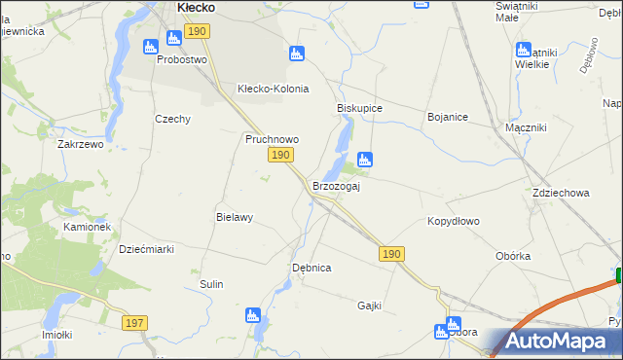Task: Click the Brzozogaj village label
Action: click(x=336, y=186)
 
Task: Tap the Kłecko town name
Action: click(x=196, y=7)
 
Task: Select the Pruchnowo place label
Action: click(x=271, y=139)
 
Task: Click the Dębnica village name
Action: click(x=311, y=267)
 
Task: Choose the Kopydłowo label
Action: click(x=454, y=221)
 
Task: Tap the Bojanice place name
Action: click(x=448, y=117)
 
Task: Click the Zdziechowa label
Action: click(x=561, y=193)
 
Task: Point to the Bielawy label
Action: click(x=235, y=218)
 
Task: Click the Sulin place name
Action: click(x=211, y=284)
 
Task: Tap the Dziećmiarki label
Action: click(x=146, y=249)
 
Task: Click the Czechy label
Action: click(x=172, y=119)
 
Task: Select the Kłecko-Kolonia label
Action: click(x=274, y=89)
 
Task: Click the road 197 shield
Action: click(x=135, y=322)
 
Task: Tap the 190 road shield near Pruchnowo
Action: click(x=280, y=156)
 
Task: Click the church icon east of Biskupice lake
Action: click(x=365, y=159)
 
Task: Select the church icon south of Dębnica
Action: click(x=253, y=315)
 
